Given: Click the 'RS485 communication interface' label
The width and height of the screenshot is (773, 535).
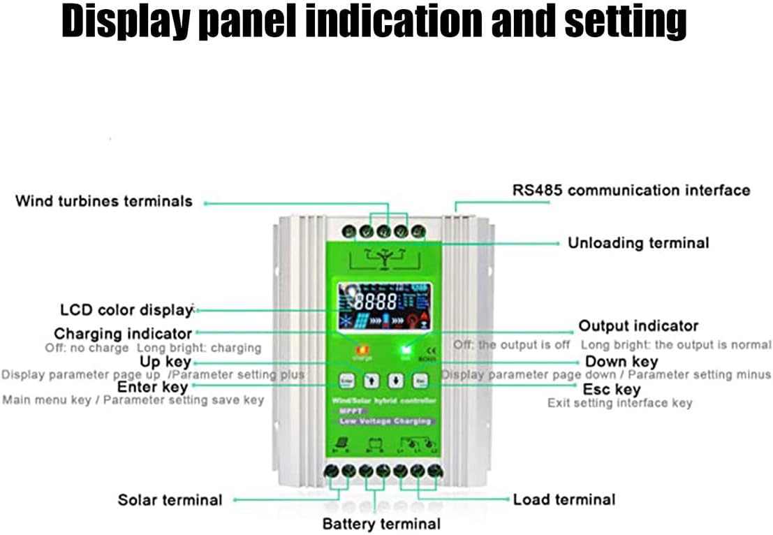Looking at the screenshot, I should [631, 190].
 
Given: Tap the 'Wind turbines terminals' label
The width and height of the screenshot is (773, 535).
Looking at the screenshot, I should [103, 201].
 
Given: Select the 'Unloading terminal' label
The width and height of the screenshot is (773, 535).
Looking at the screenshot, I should [638, 243].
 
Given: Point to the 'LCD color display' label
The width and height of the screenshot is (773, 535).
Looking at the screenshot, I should [126, 310].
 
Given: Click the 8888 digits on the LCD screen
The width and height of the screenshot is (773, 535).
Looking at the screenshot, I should [375, 302].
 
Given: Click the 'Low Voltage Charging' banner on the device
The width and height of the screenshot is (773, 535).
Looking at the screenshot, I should [385, 421].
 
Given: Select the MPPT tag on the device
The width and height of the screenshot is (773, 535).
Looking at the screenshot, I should [349, 411].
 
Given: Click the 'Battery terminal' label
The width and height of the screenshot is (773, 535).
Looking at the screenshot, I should [381, 523].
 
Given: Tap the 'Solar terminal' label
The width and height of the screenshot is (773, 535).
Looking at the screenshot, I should [170, 500].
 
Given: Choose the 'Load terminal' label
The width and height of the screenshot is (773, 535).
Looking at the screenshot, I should [564, 499].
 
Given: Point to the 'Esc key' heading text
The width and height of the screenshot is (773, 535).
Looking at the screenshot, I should [612, 389].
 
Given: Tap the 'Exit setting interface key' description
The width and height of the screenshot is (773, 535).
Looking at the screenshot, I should [619, 403].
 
